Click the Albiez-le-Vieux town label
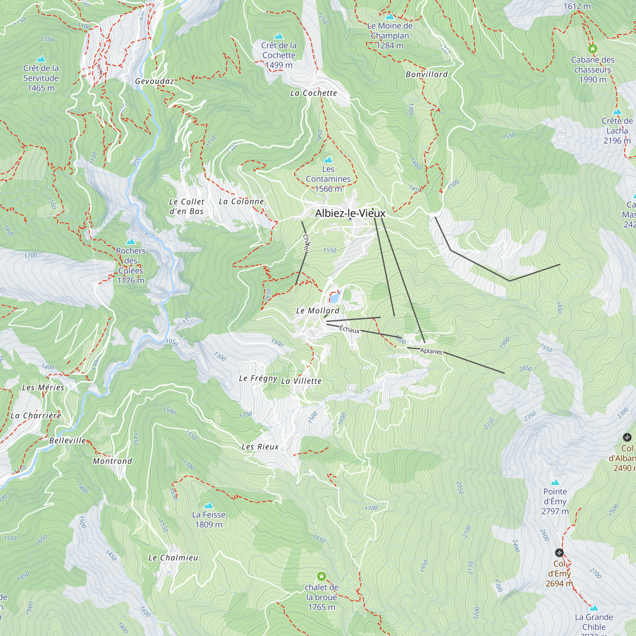(x=350, y=213)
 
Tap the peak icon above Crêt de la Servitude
(x=41, y=59)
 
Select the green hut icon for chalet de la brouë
(x=321, y=576)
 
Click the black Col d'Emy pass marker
(x=559, y=552)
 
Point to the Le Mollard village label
(x=318, y=310)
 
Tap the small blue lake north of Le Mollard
(x=334, y=298)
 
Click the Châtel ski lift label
(x=306, y=243)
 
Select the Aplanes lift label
(x=431, y=351)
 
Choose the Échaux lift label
(x=349, y=329)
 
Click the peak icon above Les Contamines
(x=328, y=160)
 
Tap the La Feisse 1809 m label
(x=209, y=519)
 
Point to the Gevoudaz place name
(x=155, y=81)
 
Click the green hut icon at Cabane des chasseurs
(x=592, y=49)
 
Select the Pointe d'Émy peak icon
(x=555, y=483)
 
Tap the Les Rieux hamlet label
(x=260, y=447)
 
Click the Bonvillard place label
(x=427, y=74)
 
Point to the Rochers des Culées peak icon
(x=131, y=242)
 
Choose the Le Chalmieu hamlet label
(x=173, y=558)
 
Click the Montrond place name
(x=112, y=461)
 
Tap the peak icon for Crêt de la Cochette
(x=279, y=36)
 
